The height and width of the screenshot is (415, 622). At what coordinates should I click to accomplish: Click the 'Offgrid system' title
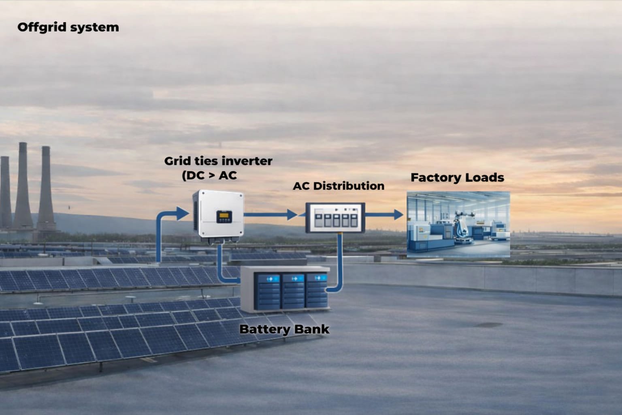pos(68,27)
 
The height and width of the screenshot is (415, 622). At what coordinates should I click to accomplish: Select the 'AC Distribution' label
pos(339,186)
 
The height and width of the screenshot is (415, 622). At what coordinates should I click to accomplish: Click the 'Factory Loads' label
pos(457,178)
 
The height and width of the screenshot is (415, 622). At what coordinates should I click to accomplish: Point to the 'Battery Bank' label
pos(284,329)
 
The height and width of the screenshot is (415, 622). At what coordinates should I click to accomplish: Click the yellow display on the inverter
pos(224,216)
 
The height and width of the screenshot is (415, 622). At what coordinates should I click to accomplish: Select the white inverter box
pos(219,213)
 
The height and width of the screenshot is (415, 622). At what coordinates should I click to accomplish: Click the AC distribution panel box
pos(335,217)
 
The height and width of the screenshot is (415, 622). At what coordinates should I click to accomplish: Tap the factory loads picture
pos(458,225)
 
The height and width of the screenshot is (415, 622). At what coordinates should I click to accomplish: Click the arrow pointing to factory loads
pos(385,214)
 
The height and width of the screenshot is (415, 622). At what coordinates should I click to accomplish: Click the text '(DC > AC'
pos(209,175)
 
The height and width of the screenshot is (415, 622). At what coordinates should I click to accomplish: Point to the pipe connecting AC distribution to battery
pos(339,263)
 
